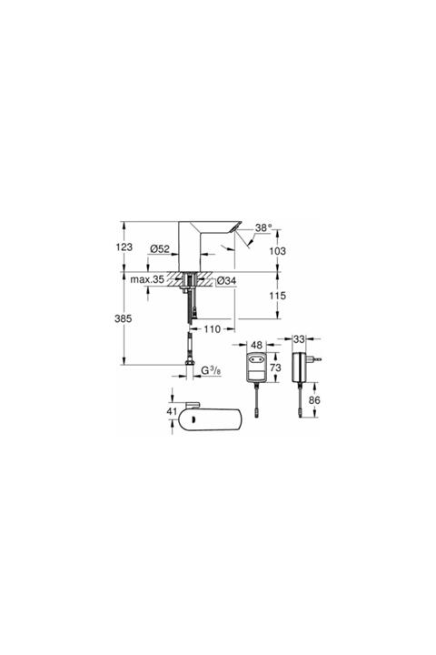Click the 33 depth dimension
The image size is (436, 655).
[301, 340]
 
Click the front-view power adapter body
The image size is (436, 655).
[255, 366]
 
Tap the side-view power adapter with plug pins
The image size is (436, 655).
[302, 367]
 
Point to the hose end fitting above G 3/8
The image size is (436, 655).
[192, 361]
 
